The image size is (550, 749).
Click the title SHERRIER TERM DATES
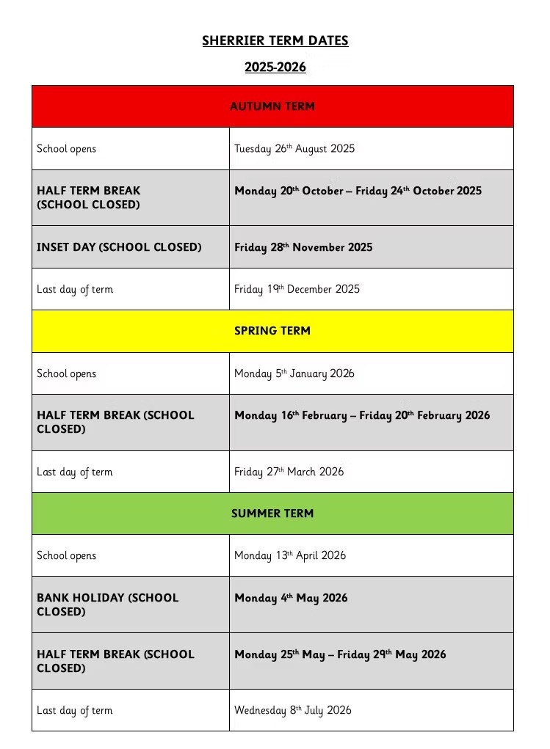click(x=275, y=40)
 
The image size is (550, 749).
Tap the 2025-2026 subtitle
click(x=275, y=67)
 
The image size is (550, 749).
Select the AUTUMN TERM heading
click(x=272, y=106)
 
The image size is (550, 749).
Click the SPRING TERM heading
click(x=272, y=331)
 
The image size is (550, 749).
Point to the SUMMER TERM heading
click(x=272, y=514)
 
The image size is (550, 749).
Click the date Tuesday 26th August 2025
click(x=294, y=149)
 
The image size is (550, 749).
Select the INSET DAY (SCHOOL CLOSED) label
click(x=119, y=247)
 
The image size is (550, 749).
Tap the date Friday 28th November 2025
click(x=303, y=247)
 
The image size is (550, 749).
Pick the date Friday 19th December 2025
click(x=297, y=289)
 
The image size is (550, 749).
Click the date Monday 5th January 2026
click(x=294, y=373)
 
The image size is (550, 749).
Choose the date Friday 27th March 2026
click(x=289, y=472)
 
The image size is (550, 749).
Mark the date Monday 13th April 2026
click(x=289, y=555)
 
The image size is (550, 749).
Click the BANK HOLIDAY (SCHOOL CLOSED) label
click(x=108, y=604)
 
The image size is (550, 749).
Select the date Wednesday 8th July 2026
click(x=292, y=710)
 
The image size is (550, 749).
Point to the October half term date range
click(x=358, y=191)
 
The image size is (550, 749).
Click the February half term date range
click(x=361, y=415)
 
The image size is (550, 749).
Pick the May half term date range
click(x=340, y=654)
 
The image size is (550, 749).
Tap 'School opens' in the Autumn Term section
click(x=66, y=149)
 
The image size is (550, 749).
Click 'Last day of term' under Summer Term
click(x=74, y=710)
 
